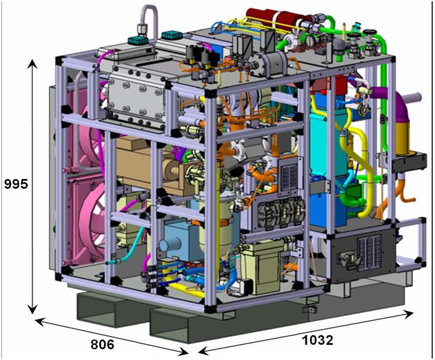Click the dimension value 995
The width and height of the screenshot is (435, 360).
point(17,184)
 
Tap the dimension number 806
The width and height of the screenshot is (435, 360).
point(102,344)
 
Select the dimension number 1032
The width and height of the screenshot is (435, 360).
point(317,340)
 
